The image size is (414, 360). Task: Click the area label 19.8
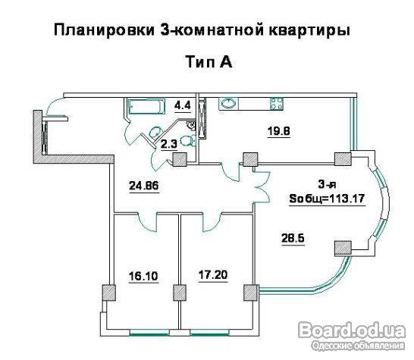click(x=279, y=131)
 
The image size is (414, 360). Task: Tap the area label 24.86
click(x=144, y=186)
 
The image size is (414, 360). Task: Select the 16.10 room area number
click(x=143, y=276)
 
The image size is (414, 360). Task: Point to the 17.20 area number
click(x=213, y=275)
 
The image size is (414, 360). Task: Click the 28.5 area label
click(x=293, y=238)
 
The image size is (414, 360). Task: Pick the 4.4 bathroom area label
click(x=183, y=105)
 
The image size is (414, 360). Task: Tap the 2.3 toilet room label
click(x=169, y=144)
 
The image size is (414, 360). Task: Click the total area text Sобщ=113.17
click(x=327, y=199)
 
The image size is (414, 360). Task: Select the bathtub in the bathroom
click(x=146, y=107)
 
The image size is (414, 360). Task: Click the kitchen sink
click(x=228, y=103)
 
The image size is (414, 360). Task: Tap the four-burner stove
click(x=277, y=103)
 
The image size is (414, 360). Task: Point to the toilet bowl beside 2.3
click(x=189, y=140)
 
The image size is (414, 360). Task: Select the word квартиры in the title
click(x=309, y=30)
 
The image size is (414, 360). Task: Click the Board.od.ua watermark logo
click(x=352, y=330)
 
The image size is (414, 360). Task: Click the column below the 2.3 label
click(x=180, y=159)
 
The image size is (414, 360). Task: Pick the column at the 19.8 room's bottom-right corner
click(x=343, y=159)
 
